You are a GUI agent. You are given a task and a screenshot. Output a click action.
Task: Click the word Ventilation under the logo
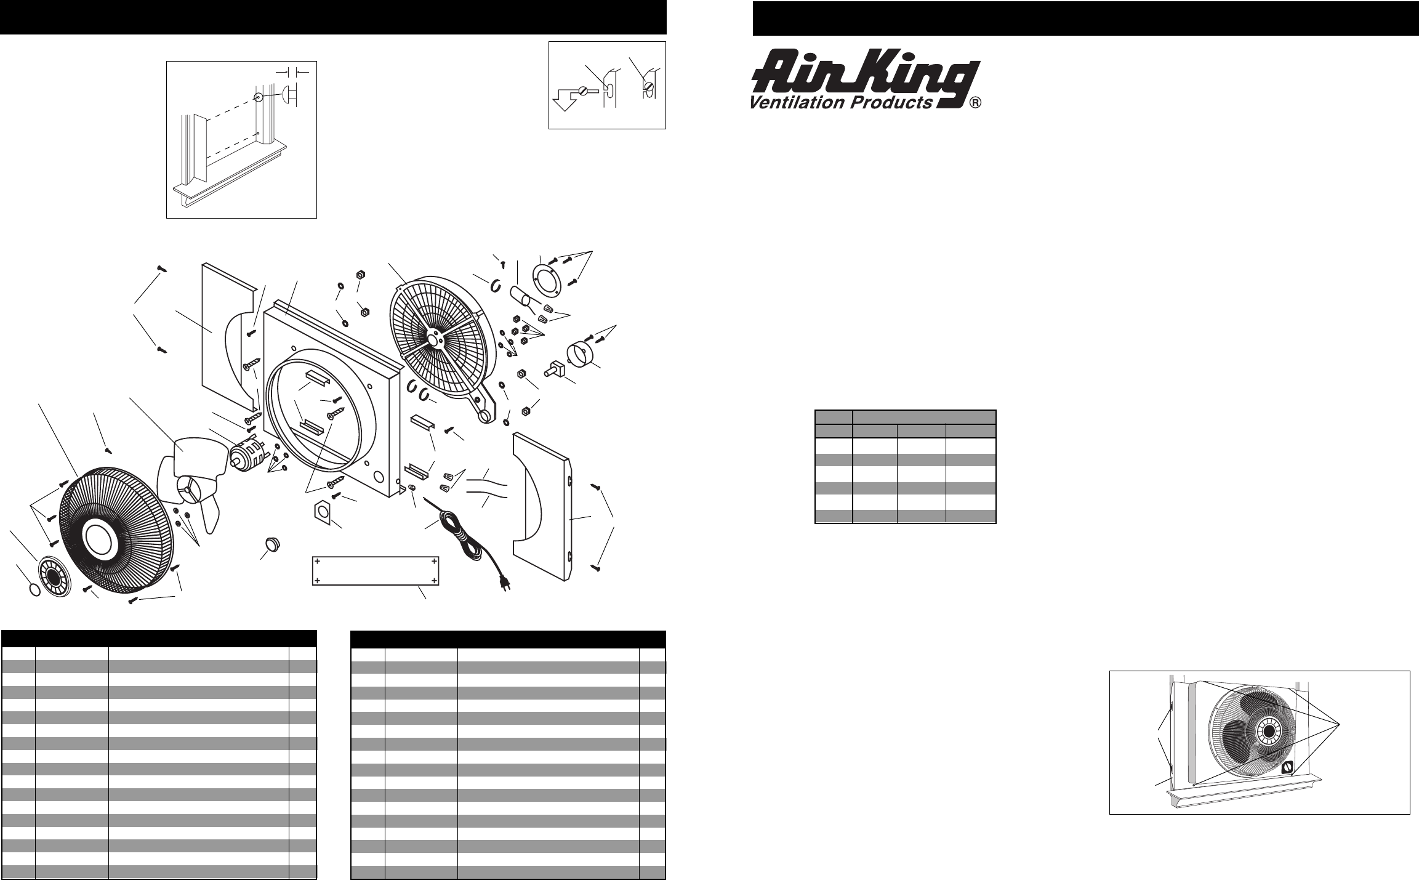coord(797,103)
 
